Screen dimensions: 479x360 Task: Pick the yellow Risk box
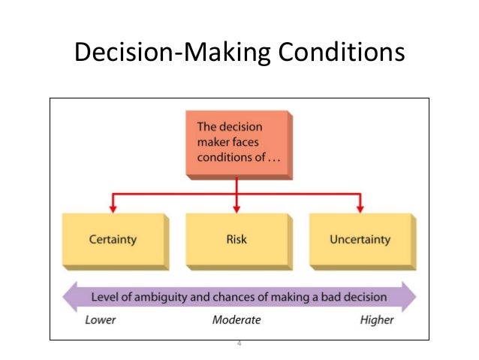pyautogui.click(x=236, y=240)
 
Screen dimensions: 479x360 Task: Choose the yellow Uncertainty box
pyautogui.click(x=360, y=240)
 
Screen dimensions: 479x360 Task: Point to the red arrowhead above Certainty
pyautogui.click(x=113, y=207)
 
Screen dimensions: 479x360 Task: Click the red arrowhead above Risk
pyautogui.click(x=236, y=207)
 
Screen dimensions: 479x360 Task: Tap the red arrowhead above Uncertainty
pyautogui.click(x=360, y=207)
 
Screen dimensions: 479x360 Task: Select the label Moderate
pyautogui.click(x=236, y=319)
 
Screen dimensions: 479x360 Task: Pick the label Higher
pyautogui.click(x=376, y=319)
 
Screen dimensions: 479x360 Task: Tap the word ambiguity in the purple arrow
pyautogui.click(x=162, y=296)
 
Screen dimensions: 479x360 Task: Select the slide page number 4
pyautogui.click(x=239, y=343)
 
